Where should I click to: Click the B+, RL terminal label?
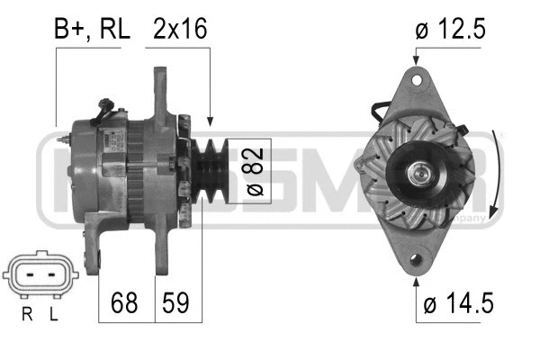click(93, 29)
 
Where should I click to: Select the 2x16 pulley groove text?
click(180, 29)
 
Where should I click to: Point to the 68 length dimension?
click(126, 301)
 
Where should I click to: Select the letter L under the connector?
click(56, 314)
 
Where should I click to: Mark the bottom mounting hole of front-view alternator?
click(417, 262)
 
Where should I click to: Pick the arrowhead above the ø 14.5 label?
click(417, 283)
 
